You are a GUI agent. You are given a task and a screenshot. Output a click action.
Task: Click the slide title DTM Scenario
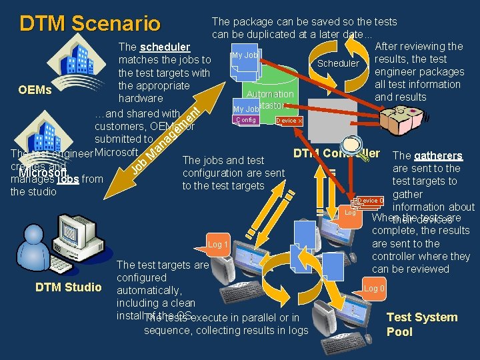point(90,23)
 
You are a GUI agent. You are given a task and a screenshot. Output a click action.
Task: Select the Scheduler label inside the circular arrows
point(338,63)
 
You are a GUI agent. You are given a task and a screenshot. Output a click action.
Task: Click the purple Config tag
point(245,120)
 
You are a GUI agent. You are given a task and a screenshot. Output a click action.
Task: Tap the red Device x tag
point(289,121)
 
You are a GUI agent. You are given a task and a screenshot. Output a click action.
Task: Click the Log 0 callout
point(373,288)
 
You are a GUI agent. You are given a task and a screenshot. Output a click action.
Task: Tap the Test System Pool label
point(421,325)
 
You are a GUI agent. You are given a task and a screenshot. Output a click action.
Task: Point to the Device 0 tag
point(370,201)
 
